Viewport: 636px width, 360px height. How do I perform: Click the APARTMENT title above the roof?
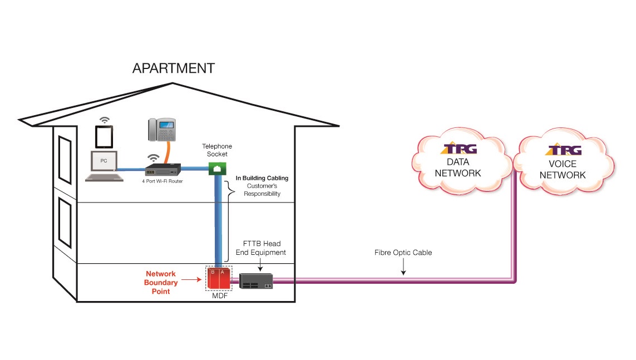173,68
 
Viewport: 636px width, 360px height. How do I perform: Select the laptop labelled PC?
104,166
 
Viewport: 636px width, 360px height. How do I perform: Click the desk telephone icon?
161,130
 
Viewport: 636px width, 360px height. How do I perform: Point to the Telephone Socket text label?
217,150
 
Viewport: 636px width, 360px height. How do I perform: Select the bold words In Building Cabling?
262,178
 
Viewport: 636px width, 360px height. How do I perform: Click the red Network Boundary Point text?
161,283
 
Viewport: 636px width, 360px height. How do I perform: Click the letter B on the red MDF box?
213,272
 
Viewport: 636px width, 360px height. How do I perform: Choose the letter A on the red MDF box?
223,272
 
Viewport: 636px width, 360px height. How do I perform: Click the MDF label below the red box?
218,297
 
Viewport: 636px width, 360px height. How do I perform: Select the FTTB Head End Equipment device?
256,281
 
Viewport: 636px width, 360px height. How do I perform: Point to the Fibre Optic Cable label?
403,253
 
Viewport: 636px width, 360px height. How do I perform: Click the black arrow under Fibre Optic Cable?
403,268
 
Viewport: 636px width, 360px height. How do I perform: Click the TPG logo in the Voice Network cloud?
564,150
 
